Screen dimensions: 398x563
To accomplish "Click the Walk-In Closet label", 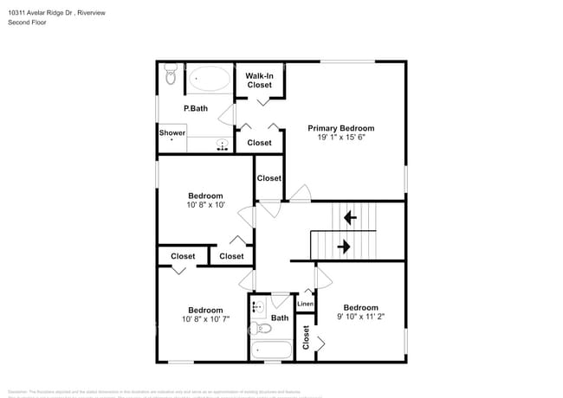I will [260, 80].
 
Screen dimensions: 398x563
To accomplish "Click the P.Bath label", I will [196, 108].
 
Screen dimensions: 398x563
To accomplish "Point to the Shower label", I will [172, 133].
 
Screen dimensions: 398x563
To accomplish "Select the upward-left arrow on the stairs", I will [350, 217].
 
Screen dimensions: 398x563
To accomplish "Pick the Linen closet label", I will [305, 304].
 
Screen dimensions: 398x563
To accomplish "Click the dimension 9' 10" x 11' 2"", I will [360, 318].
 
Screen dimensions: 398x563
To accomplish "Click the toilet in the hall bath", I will [263, 329].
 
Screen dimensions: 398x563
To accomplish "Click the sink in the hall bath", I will [258, 307].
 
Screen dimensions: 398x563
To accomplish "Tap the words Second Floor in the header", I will [27, 22].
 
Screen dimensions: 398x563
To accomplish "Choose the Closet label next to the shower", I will [259, 143].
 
